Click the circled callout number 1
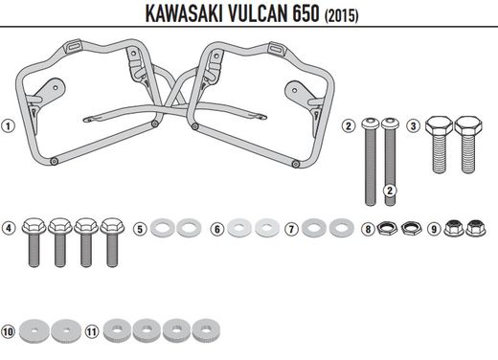coord(8,125)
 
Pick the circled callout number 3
coord(414,125)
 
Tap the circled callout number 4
coord(8,229)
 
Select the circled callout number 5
coord(140,229)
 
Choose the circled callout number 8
coord(368,229)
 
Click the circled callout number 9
coord(434,229)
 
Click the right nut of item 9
coord(475,229)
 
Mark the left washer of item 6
coord(239,228)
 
